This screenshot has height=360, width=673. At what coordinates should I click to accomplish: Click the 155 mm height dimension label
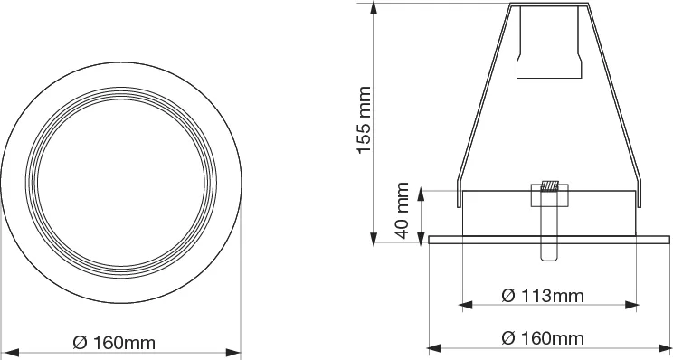(365, 119)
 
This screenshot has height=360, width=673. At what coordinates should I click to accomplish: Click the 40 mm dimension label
(403, 210)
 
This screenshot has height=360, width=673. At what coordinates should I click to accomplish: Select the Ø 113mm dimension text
(543, 296)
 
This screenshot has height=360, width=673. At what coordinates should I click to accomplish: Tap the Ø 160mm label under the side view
(543, 338)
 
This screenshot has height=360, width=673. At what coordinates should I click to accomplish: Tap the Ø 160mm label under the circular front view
(114, 343)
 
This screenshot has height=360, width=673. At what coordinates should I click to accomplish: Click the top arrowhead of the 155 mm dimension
(374, 8)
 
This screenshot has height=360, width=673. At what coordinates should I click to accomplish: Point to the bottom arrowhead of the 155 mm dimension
(374, 239)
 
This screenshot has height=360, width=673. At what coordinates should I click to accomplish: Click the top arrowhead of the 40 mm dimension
(421, 194)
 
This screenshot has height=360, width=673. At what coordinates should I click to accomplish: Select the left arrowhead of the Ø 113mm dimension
(466, 305)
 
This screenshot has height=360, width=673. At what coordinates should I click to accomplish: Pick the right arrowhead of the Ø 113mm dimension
(631, 305)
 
